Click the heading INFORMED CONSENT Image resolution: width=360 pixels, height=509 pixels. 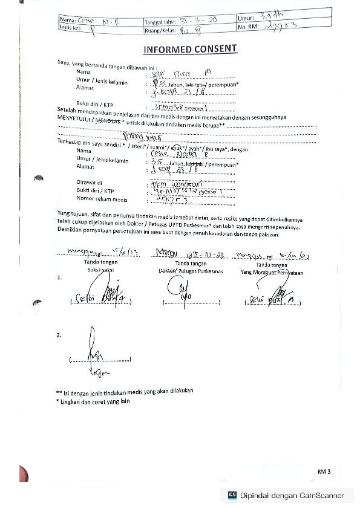coord(190,49)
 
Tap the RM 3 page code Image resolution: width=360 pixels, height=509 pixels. coord(325,470)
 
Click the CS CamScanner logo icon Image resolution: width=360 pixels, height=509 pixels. coord(232,495)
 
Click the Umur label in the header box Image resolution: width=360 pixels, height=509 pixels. coord(246,18)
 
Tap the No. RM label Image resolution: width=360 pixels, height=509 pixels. coord(249,27)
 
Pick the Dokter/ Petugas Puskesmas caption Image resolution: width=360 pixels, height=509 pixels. coord(191,271)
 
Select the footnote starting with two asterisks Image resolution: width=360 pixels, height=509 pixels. coord(125,391)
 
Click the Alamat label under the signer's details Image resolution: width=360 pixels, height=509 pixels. coord(85,88)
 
